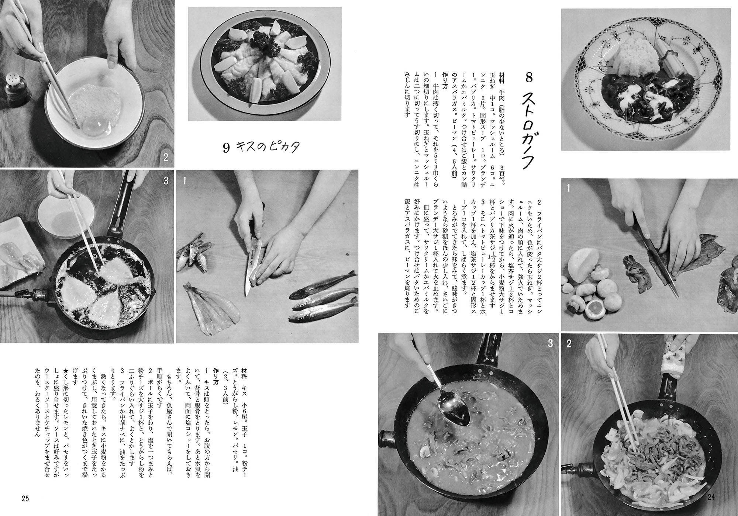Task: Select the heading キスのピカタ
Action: [271, 148]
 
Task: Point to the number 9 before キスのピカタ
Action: [226, 148]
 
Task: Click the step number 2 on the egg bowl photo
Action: [165, 158]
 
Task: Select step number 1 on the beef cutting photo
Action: [569, 189]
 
